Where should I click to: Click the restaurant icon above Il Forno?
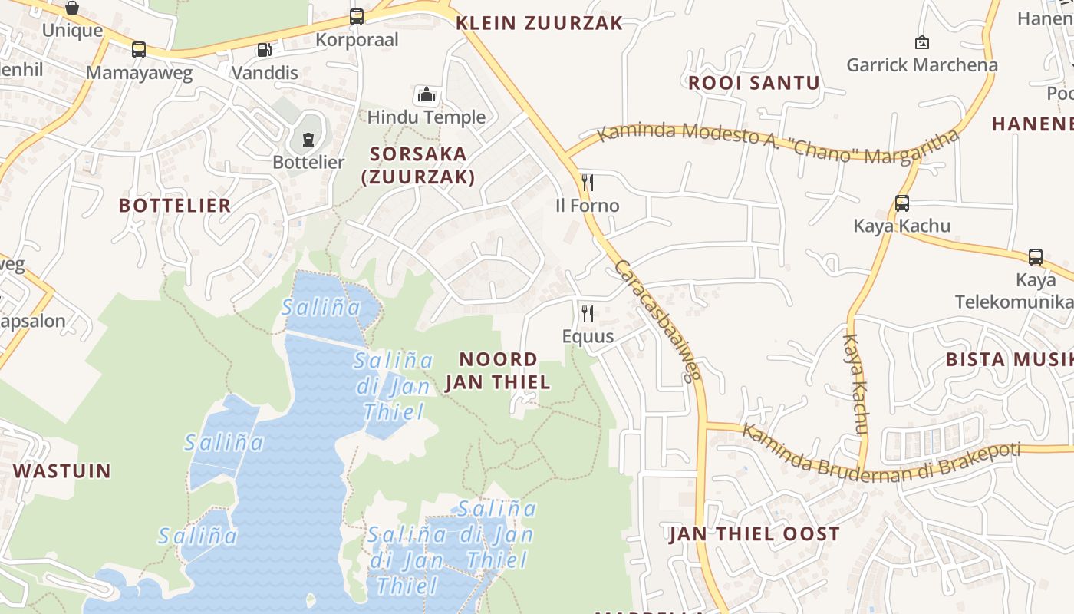[588, 182]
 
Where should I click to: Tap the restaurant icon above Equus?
[588, 313]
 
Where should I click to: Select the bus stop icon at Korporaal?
[357, 16]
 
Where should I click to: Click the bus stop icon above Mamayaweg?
[139, 50]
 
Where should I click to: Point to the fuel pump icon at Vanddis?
[265, 50]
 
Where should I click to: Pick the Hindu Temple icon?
[427, 94]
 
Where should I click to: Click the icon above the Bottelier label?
[308, 139]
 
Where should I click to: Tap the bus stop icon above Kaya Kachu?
[902, 203]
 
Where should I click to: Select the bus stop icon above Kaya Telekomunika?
[1035, 257]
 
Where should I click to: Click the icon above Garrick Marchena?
[922, 42]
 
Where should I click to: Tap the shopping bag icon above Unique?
[72, 8]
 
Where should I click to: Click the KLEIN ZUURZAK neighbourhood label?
[539, 23]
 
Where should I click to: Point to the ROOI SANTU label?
[753, 83]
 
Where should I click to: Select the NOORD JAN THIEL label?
[498, 371]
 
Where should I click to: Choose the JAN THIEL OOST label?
[753, 534]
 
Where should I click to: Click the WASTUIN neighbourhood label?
[62, 470]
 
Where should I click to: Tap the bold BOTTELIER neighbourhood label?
[175, 205]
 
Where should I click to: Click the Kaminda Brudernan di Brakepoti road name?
[881, 453]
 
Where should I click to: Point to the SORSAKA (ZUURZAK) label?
[418, 165]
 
